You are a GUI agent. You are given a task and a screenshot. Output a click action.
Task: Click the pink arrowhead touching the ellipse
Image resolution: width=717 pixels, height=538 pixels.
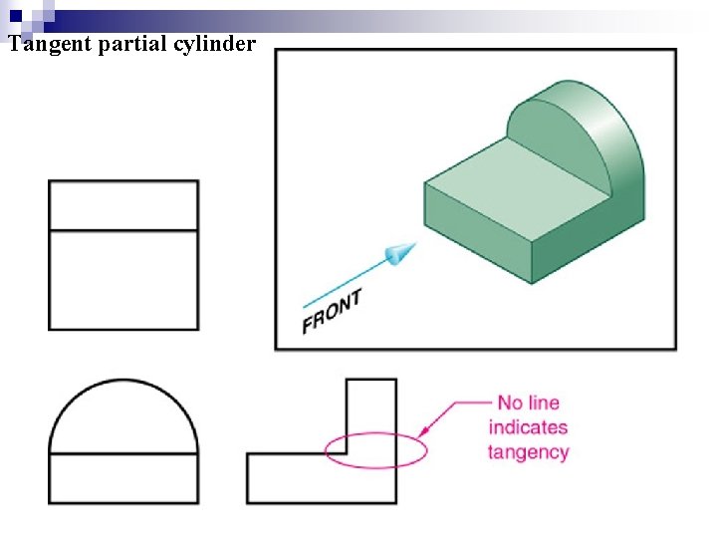(425, 432)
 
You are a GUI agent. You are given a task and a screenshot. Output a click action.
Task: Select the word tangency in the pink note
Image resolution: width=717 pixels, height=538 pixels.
(528, 451)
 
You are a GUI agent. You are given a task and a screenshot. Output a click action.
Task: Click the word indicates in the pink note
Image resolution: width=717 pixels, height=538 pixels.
(528, 427)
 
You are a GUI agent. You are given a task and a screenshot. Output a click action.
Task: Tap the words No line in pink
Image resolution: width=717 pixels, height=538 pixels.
(528, 403)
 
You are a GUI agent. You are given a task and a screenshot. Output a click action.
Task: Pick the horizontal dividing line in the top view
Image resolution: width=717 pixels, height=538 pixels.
(123, 231)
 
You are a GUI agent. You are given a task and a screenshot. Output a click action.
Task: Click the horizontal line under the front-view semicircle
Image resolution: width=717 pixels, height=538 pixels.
(123, 454)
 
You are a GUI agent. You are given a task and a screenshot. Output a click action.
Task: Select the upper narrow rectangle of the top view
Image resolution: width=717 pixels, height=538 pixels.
(123, 206)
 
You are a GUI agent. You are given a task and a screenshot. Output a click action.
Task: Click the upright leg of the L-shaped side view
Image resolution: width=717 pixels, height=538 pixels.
(370, 418)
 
